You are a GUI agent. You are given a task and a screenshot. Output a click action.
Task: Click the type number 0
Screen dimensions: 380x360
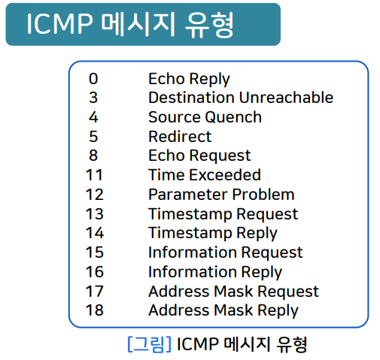pos(93,79)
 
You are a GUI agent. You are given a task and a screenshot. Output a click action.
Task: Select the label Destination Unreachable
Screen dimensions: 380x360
pos(241,97)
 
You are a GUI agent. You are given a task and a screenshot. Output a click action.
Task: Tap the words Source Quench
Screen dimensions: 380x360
pos(205,117)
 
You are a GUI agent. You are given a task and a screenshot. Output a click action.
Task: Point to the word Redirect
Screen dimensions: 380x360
pos(180,137)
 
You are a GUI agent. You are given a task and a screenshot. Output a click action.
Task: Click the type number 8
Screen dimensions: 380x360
pos(93,156)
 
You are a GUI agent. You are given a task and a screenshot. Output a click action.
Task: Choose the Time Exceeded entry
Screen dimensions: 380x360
pos(205,174)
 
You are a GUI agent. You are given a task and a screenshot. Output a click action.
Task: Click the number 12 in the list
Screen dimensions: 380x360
pos(95,195)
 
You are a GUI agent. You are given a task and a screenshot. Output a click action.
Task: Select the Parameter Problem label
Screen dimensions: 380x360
pos(221,195)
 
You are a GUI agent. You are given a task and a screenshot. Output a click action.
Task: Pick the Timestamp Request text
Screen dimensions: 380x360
pos(223,214)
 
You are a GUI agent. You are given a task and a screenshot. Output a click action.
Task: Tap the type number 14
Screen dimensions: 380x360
pos(95,233)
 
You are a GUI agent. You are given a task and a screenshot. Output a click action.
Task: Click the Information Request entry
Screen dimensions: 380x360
pos(226,253)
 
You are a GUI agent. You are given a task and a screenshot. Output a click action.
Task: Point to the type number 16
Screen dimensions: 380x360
pos(95,272)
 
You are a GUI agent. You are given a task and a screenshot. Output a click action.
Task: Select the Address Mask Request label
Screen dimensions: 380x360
pos(233,292)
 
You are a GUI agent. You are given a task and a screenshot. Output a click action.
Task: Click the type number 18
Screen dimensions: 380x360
pos(95,310)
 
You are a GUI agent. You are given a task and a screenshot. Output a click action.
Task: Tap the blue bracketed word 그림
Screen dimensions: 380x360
pos(150,344)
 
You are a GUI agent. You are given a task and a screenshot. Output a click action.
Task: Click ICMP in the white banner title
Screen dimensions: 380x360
pos(59,24)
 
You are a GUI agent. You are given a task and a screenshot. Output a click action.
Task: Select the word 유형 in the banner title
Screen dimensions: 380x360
pos(209,25)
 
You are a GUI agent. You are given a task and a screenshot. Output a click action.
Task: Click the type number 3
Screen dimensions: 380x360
pos(93,98)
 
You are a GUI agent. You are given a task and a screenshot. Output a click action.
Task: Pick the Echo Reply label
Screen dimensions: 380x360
pos(189,79)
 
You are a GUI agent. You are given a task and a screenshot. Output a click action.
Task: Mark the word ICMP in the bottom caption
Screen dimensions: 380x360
pos(198,344)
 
